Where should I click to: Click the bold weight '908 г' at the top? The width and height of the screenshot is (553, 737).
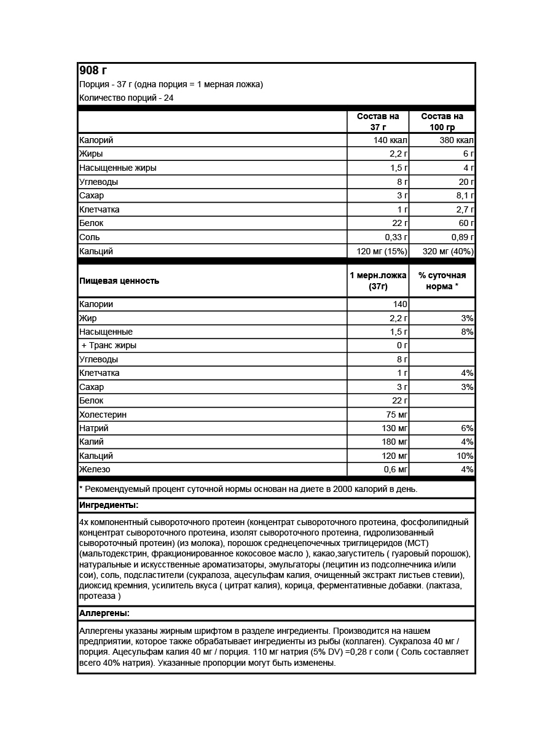93,70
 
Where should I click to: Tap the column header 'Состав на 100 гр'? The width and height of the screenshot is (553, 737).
442,122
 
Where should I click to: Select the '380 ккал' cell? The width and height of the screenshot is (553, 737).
457,140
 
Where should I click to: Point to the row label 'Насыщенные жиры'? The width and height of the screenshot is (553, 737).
117,168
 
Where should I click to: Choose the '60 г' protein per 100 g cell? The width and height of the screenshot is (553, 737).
465,223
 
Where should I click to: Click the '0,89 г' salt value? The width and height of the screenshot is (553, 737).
459,237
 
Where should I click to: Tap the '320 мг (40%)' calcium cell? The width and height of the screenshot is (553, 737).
448,251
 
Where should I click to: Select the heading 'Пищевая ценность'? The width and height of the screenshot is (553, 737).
119,281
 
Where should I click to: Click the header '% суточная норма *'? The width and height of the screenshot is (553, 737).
442,281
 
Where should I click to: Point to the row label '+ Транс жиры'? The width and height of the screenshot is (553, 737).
109,345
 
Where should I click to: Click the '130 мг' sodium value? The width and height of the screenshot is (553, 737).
393,428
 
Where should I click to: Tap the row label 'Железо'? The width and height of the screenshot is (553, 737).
95,469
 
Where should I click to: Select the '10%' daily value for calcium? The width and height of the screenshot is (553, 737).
465,456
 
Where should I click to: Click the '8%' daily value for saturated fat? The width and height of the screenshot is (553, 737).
467,332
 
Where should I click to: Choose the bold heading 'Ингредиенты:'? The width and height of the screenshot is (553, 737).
109,505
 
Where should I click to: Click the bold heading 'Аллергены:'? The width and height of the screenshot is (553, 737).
104,613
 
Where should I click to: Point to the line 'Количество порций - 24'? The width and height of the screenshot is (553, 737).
126,98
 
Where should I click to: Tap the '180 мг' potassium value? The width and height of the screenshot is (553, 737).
393,442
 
